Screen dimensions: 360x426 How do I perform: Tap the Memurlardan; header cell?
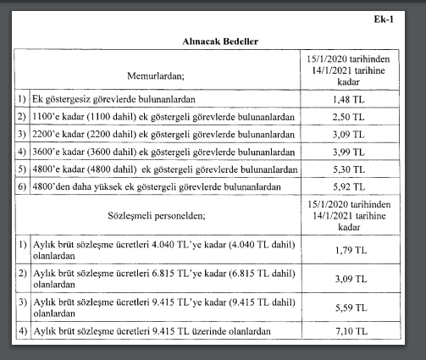161,75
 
